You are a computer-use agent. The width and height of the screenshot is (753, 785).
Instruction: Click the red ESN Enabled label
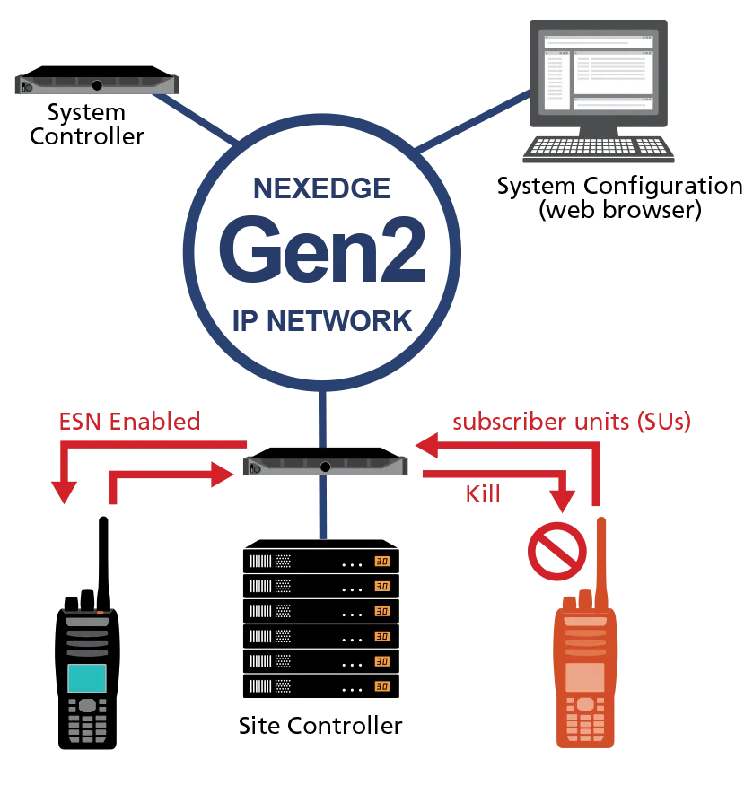pos(128,422)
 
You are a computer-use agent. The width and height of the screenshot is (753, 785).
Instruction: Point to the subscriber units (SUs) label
pos(573,422)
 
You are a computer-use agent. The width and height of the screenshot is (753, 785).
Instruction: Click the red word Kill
pos(484,493)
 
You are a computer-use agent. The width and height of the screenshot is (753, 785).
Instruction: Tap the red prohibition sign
pos(556,552)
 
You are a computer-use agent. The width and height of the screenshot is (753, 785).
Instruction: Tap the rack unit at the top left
pos(97,85)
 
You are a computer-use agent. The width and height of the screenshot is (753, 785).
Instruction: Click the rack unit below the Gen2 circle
pos(325,467)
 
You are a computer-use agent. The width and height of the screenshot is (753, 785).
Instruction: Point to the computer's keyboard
pos(596,148)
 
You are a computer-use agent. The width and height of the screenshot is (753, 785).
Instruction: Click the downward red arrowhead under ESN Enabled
pos(64,491)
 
